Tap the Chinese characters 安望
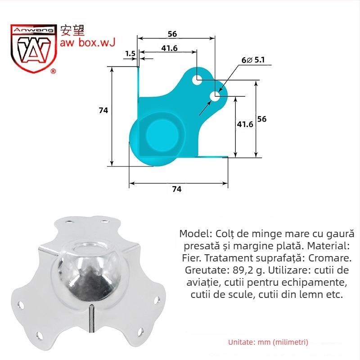point(72,31)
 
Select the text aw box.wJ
point(88,43)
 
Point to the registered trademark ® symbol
point(53,71)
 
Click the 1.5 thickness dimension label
point(130,54)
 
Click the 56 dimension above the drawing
point(172,34)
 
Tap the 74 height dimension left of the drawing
point(103,110)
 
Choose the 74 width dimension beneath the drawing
point(177,189)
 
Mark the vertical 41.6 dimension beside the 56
point(245,124)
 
